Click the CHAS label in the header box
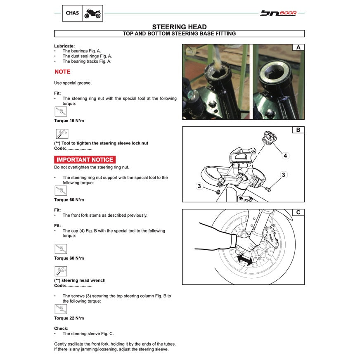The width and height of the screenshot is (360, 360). (x=72, y=13)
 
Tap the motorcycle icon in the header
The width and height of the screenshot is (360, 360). (x=92, y=14)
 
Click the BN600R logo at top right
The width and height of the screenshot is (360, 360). (x=278, y=13)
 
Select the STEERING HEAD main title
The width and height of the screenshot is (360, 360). (x=179, y=27)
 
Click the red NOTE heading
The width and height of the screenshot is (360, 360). (x=62, y=72)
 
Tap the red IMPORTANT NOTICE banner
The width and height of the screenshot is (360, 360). (x=85, y=160)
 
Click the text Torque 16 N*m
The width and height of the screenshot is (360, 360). (x=69, y=121)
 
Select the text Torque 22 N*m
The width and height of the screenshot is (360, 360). (x=69, y=318)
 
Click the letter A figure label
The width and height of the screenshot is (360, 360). (x=298, y=47)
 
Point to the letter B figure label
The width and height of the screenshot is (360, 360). (x=298, y=130)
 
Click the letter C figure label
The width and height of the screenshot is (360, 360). (x=298, y=213)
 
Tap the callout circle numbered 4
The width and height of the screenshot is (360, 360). (x=285, y=156)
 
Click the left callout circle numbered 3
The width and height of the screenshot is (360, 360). (x=199, y=187)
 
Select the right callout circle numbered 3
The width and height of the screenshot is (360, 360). (x=283, y=175)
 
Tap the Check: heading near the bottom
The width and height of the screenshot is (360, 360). (x=61, y=329)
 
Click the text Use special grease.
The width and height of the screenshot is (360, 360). (x=73, y=83)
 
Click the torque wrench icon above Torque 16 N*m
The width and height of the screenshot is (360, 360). (x=61, y=111)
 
